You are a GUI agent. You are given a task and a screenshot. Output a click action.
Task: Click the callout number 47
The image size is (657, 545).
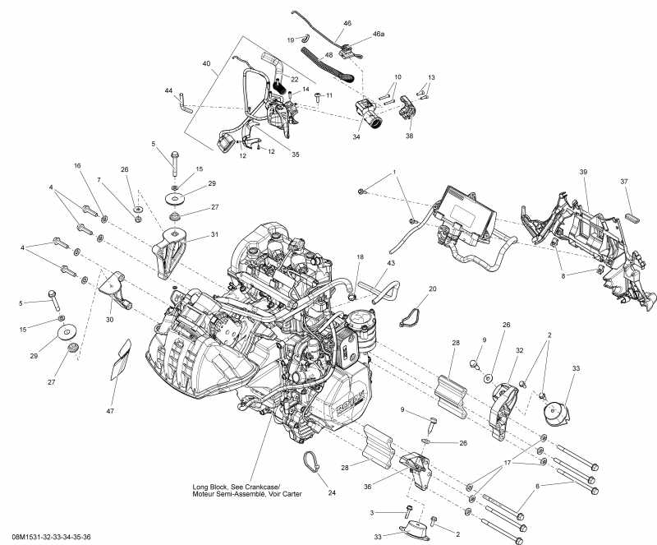(109, 409)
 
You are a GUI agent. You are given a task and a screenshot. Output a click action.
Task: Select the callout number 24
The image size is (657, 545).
(331, 493)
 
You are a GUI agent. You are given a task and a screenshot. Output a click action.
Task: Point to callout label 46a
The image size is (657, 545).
(378, 35)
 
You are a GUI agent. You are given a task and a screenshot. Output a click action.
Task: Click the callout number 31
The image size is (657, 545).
(214, 235)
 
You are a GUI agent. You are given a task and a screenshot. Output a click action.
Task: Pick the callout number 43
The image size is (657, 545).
(391, 263)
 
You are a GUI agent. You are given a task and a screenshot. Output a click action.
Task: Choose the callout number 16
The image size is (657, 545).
(79, 166)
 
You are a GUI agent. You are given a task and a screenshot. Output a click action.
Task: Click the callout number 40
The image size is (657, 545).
(205, 63)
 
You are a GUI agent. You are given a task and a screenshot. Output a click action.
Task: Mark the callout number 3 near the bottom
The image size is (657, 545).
(371, 512)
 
